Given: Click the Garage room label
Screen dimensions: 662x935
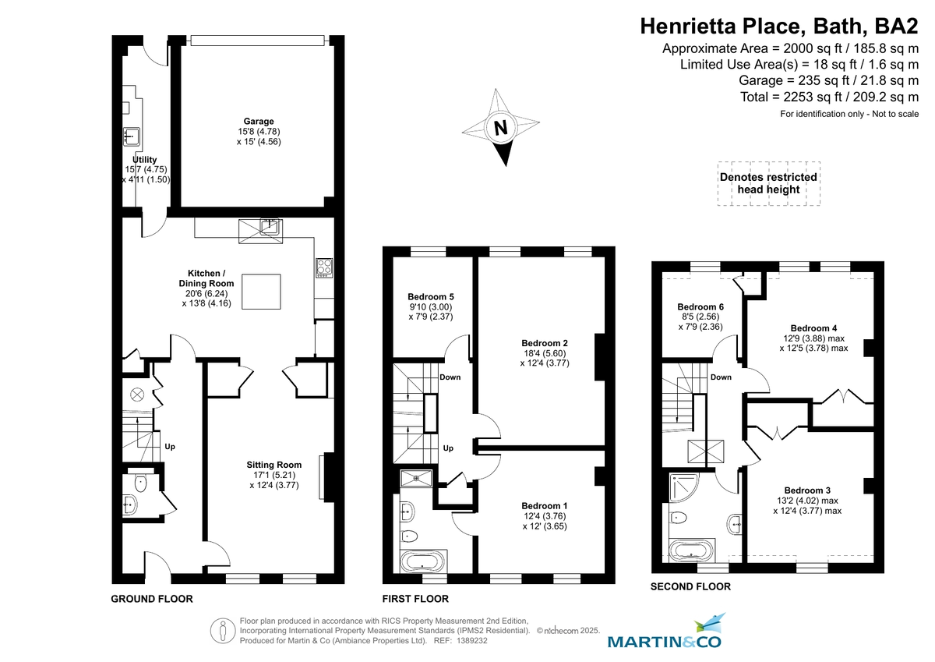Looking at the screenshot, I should click(x=259, y=122).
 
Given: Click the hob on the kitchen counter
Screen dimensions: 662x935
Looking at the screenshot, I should click(x=323, y=267).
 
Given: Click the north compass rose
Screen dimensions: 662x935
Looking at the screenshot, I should click(x=501, y=128).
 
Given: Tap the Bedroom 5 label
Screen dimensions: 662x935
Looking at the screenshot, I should click(x=430, y=297).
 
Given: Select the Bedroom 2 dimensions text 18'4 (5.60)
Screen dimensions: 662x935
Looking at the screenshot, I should click(x=544, y=353).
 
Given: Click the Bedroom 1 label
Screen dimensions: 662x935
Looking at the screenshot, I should click(x=544, y=505).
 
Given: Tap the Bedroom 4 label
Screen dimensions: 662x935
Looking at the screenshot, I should click(x=813, y=328).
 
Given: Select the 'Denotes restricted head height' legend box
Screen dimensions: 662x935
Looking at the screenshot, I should click(x=768, y=183).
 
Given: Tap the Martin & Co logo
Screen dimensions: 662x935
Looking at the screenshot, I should click(x=665, y=633).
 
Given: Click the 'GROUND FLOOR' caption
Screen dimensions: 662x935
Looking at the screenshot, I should click(x=152, y=599).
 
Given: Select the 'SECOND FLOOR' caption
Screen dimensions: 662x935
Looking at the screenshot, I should click(x=690, y=586).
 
